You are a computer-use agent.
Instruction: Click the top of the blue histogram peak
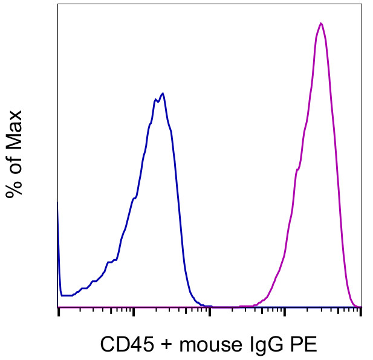tap(163, 94)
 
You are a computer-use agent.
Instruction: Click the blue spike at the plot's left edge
tap(58, 205)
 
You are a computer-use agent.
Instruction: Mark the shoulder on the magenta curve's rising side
tap(297, 170)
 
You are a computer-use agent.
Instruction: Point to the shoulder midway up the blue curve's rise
tap(134, 198)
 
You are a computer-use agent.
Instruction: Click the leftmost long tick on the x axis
tap(58, 312)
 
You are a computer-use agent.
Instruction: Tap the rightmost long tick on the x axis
tap(360, 312)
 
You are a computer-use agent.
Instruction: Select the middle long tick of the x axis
tap(209, 312)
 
